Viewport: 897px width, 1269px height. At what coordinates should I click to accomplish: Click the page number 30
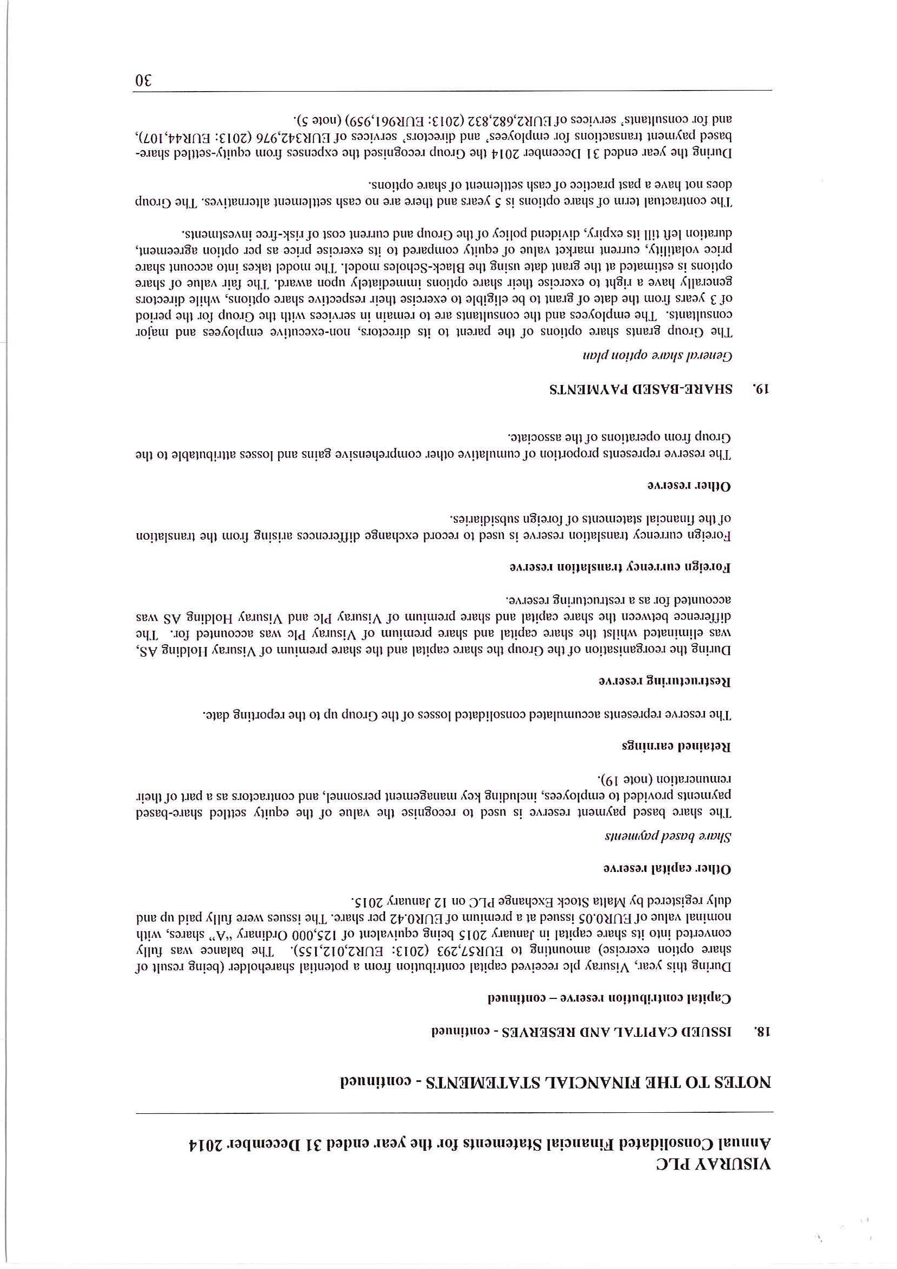(144, 81)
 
